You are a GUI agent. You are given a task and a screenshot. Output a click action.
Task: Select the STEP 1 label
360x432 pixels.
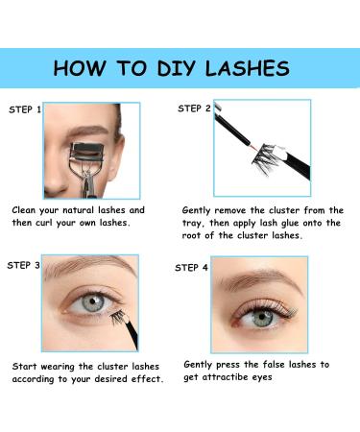tap(25, 109)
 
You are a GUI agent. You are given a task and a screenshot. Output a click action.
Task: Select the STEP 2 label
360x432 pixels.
tap(194, 108)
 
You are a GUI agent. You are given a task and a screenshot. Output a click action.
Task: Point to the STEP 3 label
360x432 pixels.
tap(25, 264)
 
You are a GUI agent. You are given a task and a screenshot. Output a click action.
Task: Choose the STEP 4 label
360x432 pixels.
tap(191, 267)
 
